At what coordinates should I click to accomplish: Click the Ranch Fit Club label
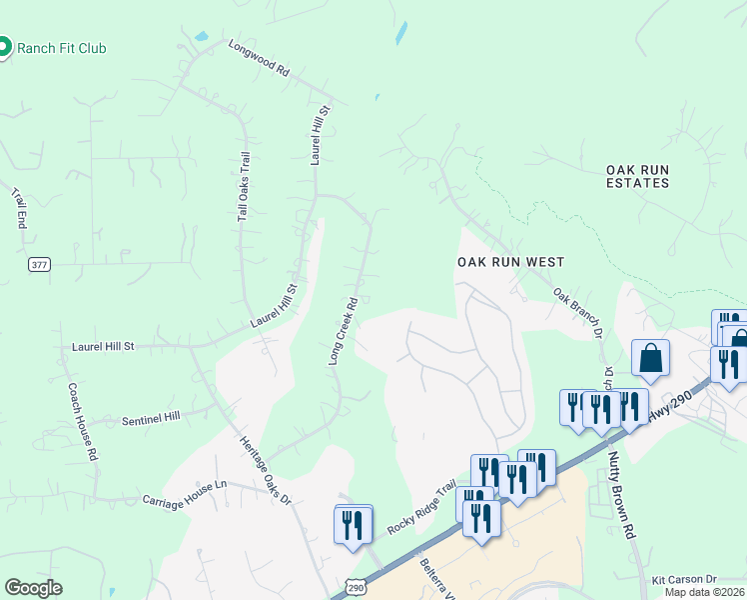(62, 48)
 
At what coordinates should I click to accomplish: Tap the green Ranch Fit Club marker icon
(4, 47)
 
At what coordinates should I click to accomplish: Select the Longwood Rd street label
(258, 59)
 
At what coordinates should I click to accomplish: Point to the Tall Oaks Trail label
(243, 186)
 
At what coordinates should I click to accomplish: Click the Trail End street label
(18, 208)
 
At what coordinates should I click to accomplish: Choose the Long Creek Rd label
(344, 329)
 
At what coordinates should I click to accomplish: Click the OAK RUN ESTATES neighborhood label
(637, 176)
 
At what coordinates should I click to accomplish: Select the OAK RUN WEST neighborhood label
(510, 262)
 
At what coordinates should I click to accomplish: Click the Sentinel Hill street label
(150, 416)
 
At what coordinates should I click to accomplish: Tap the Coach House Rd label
(82, 421)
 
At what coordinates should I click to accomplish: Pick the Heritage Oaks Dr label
(265, 470)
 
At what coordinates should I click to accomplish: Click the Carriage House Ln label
(185, 500)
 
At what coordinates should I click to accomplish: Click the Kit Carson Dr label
(685, 580)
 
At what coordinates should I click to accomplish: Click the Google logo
(33, 588)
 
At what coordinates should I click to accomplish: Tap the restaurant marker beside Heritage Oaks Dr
(353, 524)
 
